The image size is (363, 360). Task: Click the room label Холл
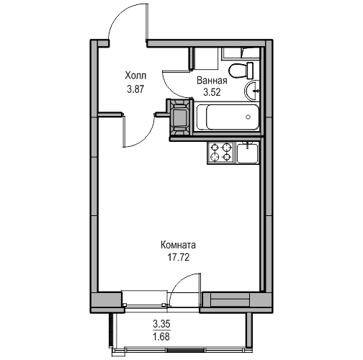[x=135, y=76]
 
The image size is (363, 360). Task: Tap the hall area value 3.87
[x=135, y=89]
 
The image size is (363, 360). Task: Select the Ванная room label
[x=212, y=81]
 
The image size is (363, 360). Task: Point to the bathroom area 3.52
[x=212, y=92]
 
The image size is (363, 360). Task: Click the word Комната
[x=178, y=246]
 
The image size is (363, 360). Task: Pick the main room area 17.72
[x=179, y=258]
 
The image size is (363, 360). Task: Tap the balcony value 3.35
[x=161, y=324]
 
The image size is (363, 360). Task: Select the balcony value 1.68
[x=161, y=336]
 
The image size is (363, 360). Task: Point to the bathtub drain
[x=248, y=117]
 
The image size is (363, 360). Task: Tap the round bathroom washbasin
[x=252, y=91]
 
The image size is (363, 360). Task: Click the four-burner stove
[x=221, y=153]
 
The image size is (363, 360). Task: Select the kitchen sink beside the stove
[x=247, y=153]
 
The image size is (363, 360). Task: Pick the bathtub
[x=228, y=117]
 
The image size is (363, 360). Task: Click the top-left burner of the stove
[x=214, y=147]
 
